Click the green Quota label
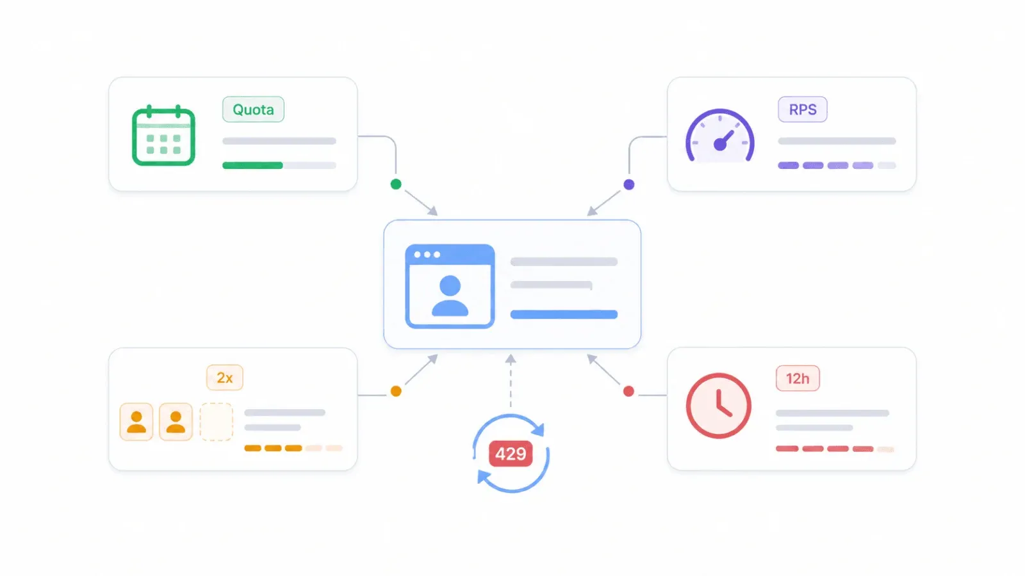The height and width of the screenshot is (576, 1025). point(253,109)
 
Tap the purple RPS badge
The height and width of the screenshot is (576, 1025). point(803,109)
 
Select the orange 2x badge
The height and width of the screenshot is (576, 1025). point(225,378)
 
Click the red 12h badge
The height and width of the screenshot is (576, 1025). point(798,378)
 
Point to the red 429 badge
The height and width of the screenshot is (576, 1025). point(511,454)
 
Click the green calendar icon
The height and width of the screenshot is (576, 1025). point(163,135)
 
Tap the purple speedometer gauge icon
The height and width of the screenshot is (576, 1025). point(720,135)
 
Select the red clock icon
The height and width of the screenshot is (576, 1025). point(718,406)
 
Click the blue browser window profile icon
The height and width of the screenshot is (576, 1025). point(450,286)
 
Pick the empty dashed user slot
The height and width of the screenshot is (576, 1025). point(216,422)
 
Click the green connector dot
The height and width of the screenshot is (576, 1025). point(396,184)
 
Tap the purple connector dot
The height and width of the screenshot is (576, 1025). point(628,185)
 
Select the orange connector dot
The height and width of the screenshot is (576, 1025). point(397,391)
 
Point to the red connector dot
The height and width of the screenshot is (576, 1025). point(628,391)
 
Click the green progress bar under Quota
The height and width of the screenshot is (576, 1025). point(252,166)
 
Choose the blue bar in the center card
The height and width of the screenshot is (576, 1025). point(564,314)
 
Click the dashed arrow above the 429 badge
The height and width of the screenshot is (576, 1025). point(511,380)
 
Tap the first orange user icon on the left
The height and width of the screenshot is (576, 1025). point(136,422)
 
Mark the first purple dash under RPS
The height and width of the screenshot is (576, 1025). point(788,166)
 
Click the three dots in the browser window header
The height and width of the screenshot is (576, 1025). point(427,255)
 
